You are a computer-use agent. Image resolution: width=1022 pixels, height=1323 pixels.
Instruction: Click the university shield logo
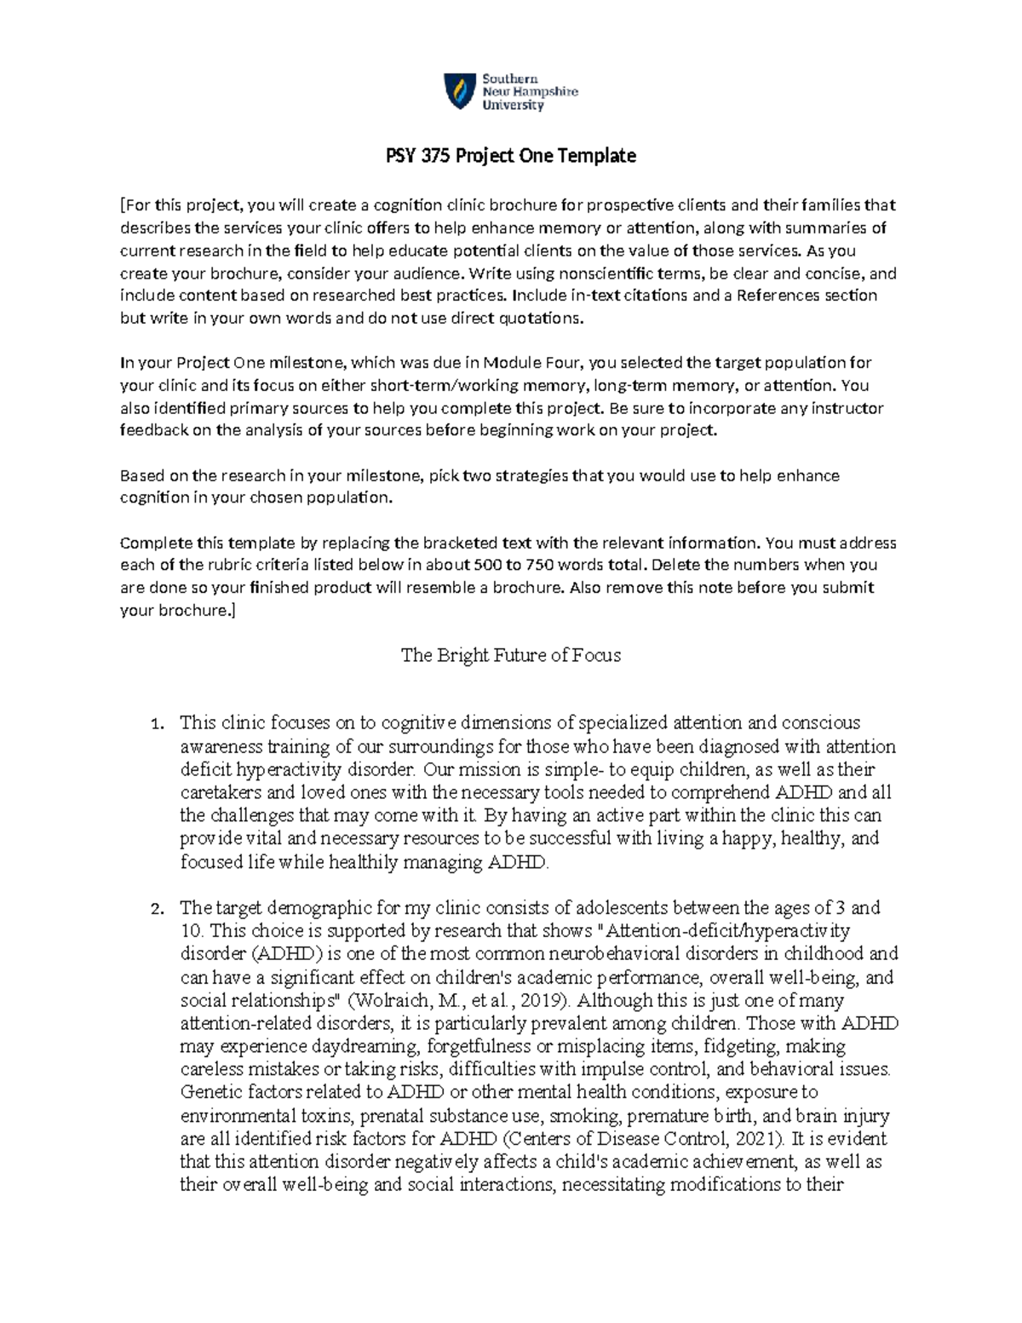(459, 91)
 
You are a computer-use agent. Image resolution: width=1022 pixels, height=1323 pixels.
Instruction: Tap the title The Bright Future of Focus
(510, 655)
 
